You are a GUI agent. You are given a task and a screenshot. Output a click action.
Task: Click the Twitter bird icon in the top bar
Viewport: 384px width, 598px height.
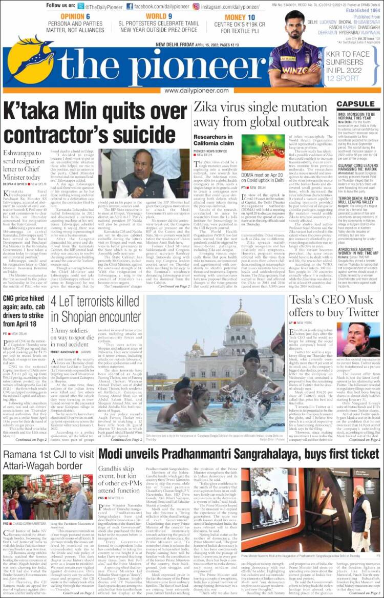click(80, 6)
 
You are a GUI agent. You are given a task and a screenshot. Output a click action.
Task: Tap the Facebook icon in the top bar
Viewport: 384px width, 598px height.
click(130, 6)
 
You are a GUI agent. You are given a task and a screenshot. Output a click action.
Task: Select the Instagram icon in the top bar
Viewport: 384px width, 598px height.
click(196, 6)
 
